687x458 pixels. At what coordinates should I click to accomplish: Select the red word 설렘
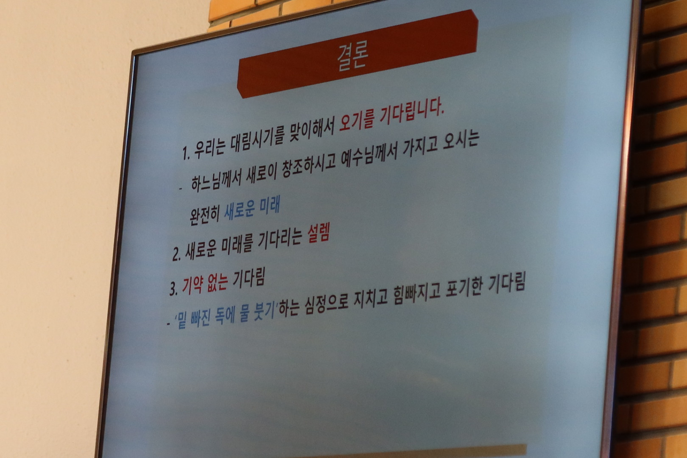point(318,234)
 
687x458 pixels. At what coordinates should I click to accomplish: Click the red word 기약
point(193,284)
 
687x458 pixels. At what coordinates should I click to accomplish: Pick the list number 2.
point(176,254)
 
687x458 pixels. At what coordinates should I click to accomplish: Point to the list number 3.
point(173,289)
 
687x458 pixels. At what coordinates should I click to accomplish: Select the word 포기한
point(464,288)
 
